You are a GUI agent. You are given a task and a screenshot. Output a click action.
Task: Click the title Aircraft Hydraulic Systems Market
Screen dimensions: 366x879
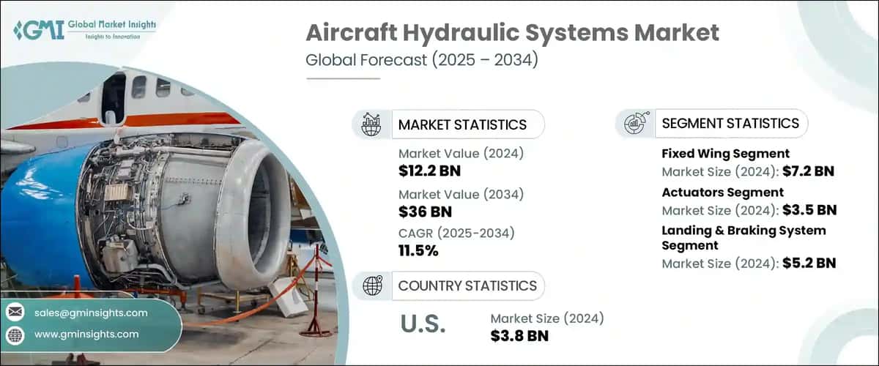pyautogui.click(x=512, y=33)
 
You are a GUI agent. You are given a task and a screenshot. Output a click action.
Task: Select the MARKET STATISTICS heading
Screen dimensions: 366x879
pyautogui.click(x=461, y=124)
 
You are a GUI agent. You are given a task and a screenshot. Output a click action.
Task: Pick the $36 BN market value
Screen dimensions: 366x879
pyautogui.click(x=425, y=212)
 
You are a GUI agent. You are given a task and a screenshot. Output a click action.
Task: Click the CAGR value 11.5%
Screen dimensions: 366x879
pyautogui.click(x=419, y=251)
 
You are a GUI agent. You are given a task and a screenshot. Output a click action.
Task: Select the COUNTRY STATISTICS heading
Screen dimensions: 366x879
pyautogui.click(x=467, y=285)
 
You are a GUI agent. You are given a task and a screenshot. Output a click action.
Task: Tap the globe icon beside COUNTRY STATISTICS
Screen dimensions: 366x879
pyautogui.click(x=372, y=285)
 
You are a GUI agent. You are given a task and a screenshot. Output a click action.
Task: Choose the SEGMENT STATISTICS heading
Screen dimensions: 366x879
pyautogui.click(x=730, y=124)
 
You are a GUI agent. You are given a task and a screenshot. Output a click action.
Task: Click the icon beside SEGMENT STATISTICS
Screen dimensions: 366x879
pyautogui.click(x=634, y=124)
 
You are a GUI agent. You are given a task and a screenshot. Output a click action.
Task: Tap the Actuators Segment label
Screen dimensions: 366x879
pyautogui.click(x=722, y=192)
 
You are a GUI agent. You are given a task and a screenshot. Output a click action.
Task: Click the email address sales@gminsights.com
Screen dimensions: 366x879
pyautogui.click(x=91, y=313)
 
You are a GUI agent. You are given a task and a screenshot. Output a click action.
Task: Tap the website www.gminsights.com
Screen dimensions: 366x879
pyautogui.click(x=86, y=335)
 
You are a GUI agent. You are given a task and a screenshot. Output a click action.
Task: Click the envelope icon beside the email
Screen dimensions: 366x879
pyautogui.click(x=15, y=313)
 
